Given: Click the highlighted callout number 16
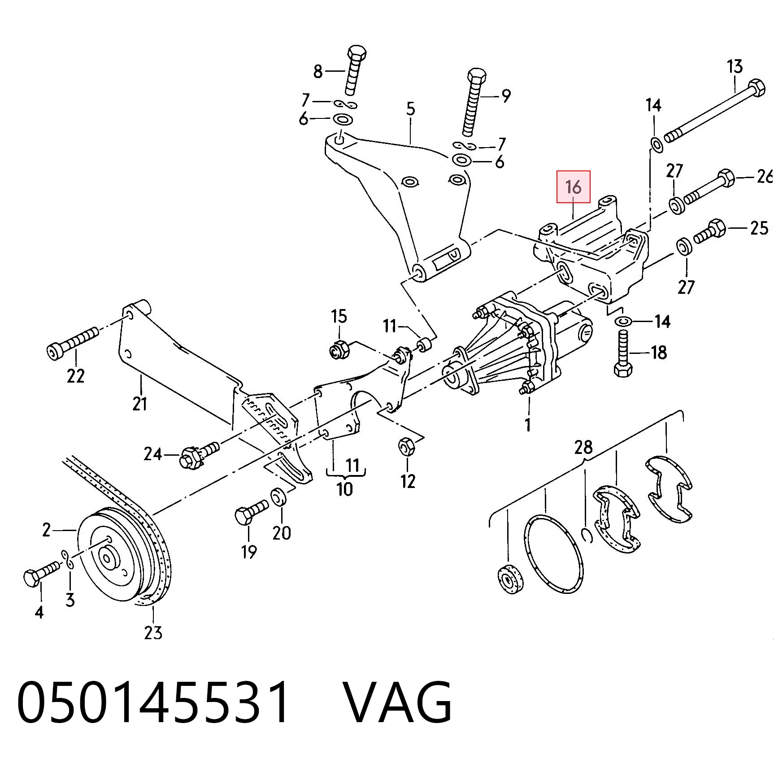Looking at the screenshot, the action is click(573, 187).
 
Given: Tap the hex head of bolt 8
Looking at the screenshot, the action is click(357, 53).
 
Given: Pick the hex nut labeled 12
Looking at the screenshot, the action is click(406, 447).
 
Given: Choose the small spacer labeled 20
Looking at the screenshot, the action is click(278, 497).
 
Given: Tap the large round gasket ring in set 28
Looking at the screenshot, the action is click(554, 555).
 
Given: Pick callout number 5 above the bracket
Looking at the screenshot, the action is click(411, 109).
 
